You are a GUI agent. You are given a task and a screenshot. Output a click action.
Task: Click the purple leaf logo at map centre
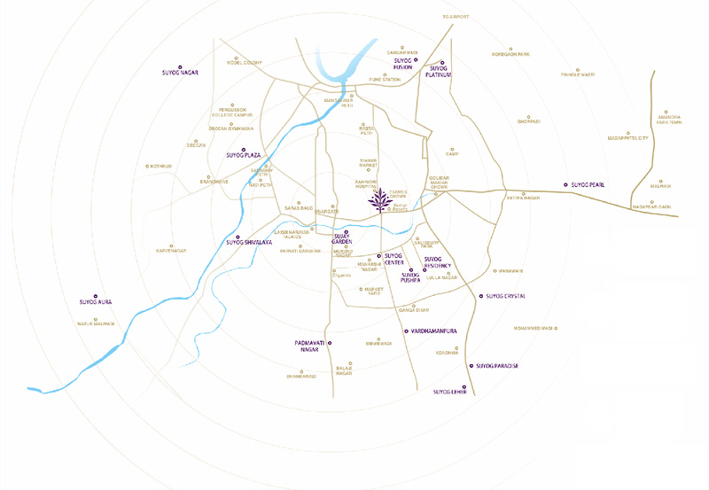click(x=382, y=201)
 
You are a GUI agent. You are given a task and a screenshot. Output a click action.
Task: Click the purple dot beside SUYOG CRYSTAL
click(x=479, y=296)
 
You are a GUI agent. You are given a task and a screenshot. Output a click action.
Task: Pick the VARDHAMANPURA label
click(x=433, y=331)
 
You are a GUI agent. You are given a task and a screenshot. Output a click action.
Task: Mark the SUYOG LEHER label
click(x=449, y=391)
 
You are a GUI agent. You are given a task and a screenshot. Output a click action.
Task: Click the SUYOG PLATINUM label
click(x=439, y=72)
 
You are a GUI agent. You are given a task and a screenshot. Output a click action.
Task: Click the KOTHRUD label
click(x=160, y=166)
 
